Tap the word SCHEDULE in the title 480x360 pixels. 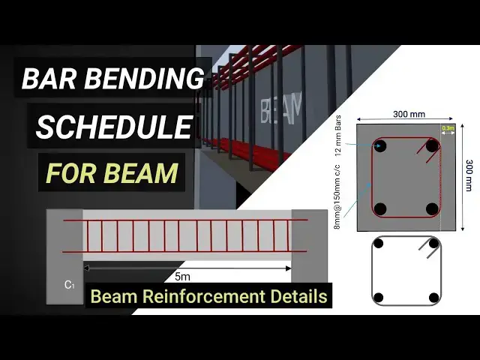click(113, 127)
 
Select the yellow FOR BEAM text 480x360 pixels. click(112, 173)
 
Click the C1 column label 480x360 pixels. click(69, 285)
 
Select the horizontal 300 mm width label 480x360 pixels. click(409, 114)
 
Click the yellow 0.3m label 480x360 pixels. click(448, 129)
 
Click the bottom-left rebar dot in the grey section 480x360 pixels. click(379, 208)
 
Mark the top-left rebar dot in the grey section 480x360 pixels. click(379, 147)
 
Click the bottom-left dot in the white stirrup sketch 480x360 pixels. click(379, 297)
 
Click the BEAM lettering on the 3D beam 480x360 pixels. click(281, 109)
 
